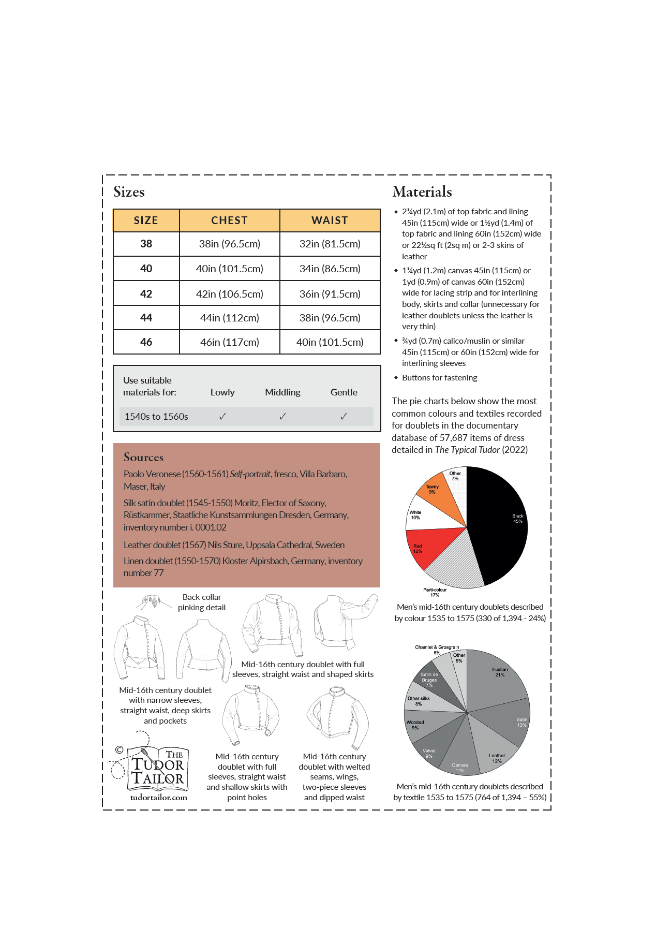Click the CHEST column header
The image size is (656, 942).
(229, 220)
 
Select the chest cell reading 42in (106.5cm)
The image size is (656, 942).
(229, 294)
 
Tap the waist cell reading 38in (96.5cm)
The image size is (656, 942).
(330, 318)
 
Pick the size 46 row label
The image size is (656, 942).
(146, 342)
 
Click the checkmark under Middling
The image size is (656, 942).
(282, 416)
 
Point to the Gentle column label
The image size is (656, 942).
(344, 392)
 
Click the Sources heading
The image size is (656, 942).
(143, 458)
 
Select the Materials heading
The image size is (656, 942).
(422, 192)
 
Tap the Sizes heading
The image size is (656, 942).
(129, 192)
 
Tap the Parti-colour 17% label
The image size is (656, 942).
(435, 592)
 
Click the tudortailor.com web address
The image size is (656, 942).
(158, 798)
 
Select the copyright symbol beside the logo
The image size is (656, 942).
(119, 749)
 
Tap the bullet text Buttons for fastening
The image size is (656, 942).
(439, 378)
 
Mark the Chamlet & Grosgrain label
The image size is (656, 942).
(437, 647)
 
